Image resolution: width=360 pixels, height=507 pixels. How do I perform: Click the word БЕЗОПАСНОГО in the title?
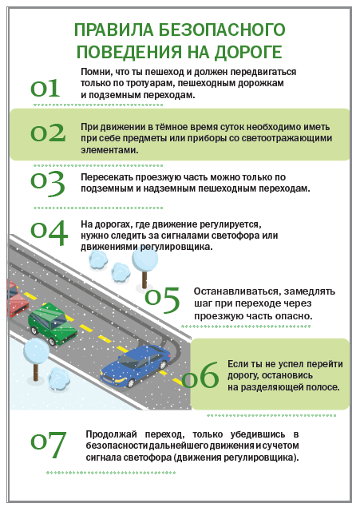[x=222, y=30]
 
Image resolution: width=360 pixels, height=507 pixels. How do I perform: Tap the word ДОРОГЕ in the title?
[x=248, y=52]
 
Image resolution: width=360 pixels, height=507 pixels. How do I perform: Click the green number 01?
[x=45, y=88]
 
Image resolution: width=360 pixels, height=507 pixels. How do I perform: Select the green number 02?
[x=48, y=133]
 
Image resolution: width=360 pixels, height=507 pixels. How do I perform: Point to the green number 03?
[x=48, y=184]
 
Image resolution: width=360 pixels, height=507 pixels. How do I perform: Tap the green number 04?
[x=49, y=232]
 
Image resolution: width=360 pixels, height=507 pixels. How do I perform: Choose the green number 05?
[x=162, y=299]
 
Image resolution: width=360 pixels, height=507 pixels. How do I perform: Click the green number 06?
[x=200, y=375]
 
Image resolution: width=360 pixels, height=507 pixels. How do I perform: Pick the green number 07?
[x=49, y=446]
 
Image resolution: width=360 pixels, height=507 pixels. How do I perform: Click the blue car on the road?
[x=136, y=366]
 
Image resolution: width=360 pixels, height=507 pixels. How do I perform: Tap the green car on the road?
[x=53, y=324]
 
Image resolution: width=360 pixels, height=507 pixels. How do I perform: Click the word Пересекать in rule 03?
[x=107, y=177]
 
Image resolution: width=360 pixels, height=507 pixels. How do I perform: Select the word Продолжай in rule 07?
[x=112, y=434]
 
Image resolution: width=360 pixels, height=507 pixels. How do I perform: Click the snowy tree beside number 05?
[x=144, y=267]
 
